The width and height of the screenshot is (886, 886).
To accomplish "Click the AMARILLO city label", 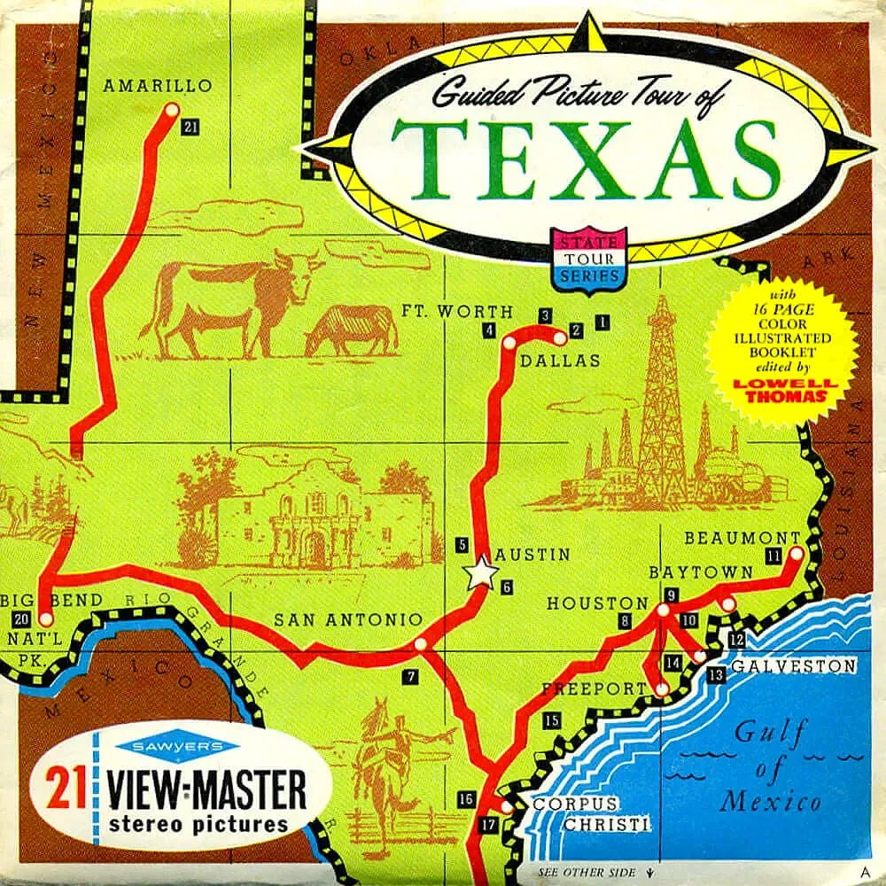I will [x=158, y=86].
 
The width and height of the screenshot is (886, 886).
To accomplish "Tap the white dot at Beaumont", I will [x=795, y=553].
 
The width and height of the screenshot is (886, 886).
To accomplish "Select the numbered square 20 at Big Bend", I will [x=22, y=618].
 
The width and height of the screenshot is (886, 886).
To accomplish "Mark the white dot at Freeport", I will [x=661, y=688].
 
